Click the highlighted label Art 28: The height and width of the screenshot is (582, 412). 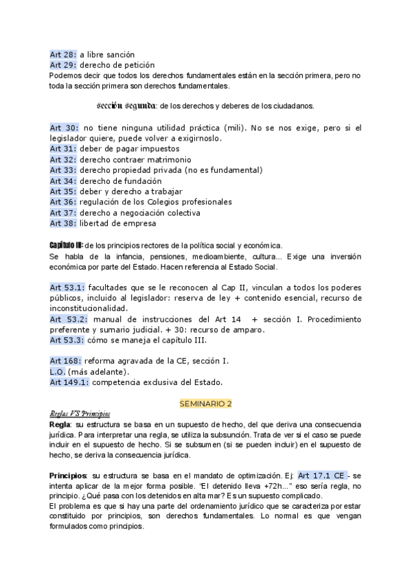(63, 54)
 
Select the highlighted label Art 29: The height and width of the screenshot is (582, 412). (63, 65)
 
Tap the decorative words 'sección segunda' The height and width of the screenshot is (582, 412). (127, 106)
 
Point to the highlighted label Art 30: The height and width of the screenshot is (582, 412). (64, 128)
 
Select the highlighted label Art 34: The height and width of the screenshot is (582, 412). (63, 181)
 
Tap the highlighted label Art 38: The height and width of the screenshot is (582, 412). (63, 223)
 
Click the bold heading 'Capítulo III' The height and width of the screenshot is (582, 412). (66, 245)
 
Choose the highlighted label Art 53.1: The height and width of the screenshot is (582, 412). (67, 288)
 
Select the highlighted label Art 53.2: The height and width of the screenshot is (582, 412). (68, 319)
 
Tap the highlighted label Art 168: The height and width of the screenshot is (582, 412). (65, 361)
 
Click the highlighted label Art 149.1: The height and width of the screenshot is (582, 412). (69, 382)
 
